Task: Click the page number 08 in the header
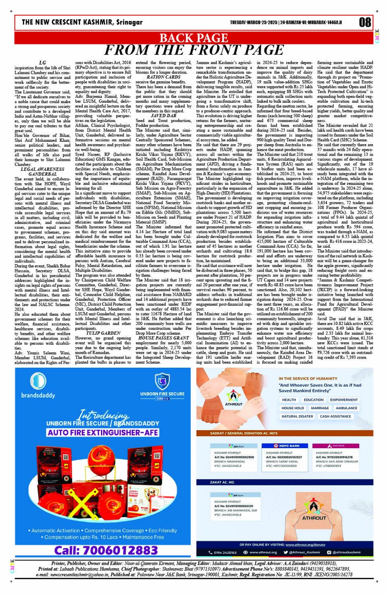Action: click(x=365, y=22)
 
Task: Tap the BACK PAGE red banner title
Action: click(x=193, y=38)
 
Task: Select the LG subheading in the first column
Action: click(x=42, y=63)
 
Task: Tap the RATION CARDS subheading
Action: click(x=163, y=77)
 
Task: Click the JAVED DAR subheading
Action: click(x=163, y=116)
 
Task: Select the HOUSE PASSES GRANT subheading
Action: click(x=163, y=338)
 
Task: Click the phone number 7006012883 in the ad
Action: click(x=106, y=550)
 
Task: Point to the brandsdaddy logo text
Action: click(x=38, y=396)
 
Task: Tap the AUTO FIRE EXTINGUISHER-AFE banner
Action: click(x=103, y=433)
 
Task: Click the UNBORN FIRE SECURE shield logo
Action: click(x=162, y=382)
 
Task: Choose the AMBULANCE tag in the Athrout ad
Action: click(x=346, y=408)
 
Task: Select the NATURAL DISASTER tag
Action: click(x=297, y=416)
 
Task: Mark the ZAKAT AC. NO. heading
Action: click(x=222, y=482)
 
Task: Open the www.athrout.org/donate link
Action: click(x=305, y=545)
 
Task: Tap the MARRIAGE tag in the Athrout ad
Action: click(x=320, y=408)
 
